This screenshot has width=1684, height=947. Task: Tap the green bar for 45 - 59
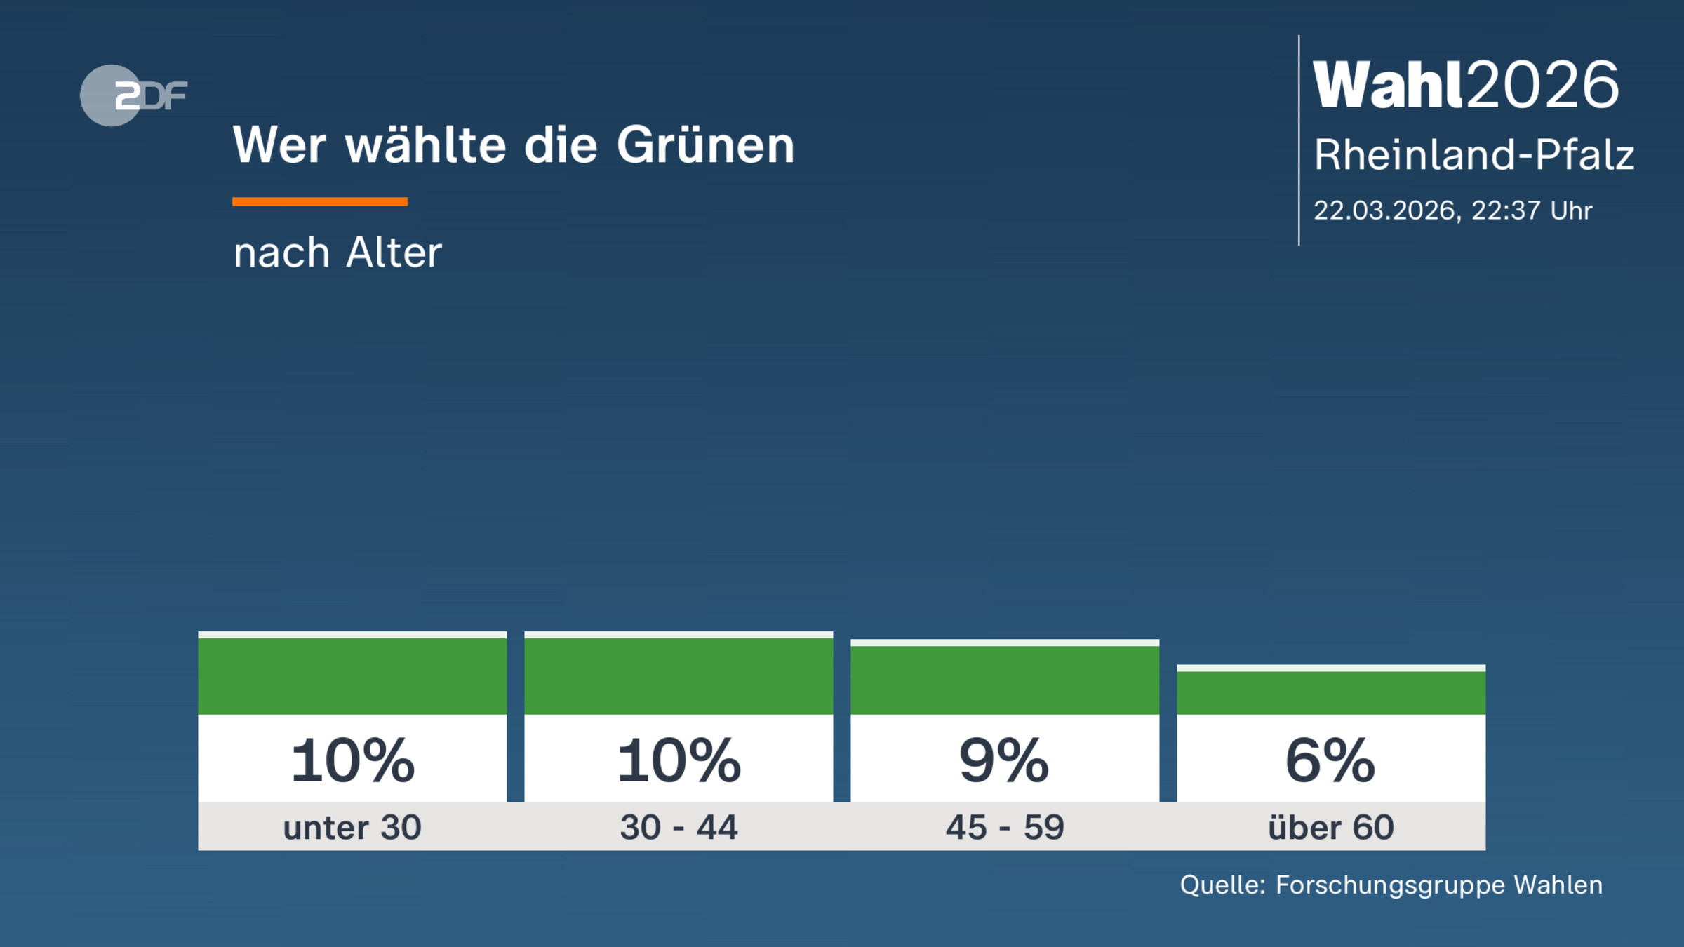coord(1005,679)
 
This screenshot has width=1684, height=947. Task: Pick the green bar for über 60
coord(1331,692)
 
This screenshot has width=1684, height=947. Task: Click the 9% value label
coord(1004,760)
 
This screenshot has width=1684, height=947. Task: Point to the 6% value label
coord(1330,760)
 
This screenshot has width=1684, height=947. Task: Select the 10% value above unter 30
coord(353,760)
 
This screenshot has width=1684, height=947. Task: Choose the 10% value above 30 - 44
coord(679,760)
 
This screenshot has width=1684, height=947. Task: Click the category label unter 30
coord(352,827)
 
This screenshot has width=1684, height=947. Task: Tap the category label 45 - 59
coord(1005,827)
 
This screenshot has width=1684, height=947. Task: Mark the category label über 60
coord(1331,827)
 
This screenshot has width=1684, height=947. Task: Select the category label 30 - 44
coord(679,827)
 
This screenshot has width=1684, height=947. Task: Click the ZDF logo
coord(133,95)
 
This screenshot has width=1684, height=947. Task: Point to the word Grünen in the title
coord(705,145)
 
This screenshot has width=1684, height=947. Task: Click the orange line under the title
coord(320,201)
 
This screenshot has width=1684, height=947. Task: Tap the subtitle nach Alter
coord(338,253)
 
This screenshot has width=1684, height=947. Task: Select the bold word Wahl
coord(1387,85)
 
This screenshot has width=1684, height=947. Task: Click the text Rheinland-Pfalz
coord(1473,155)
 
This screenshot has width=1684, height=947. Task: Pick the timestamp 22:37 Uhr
coord(1532,210)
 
